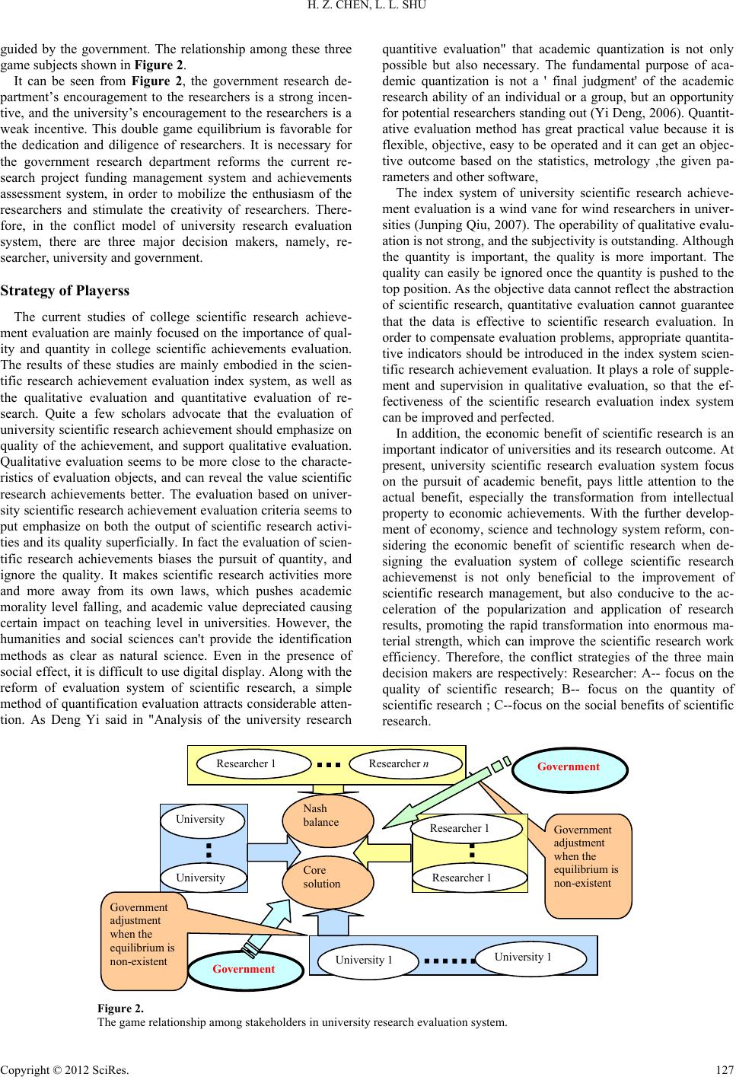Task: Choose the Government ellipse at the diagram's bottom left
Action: [244, 969]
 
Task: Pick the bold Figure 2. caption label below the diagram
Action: [120, 1008]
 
